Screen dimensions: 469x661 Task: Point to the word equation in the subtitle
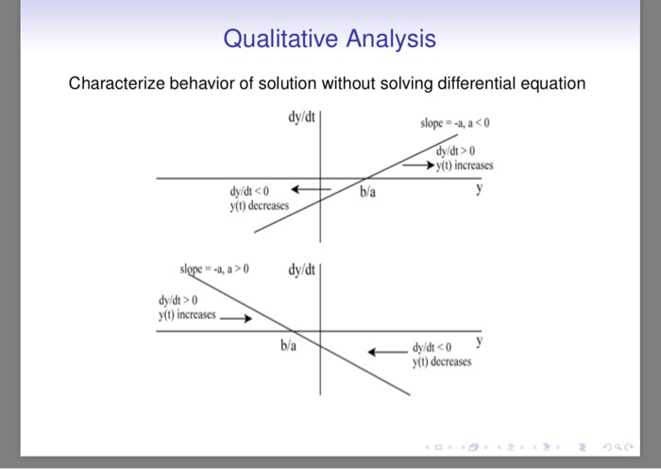(x=549, y=84)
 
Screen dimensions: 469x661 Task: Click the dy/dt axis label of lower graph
(x=303, y=270)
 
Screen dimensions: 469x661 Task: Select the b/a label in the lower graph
(x=288, y=346)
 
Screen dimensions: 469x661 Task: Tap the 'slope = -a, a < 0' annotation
(x=455, y=125)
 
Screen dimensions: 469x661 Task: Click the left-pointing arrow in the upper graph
(x=310, y=188)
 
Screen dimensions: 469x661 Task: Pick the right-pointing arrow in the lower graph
(x=236, y=318)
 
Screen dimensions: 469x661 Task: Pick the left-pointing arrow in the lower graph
(x=387, y=351)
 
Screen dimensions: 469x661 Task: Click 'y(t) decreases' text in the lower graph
(x=442, y=361)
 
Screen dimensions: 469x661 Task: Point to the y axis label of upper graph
(x=480, y=189)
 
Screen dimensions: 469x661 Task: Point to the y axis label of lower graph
(x=480, y=340)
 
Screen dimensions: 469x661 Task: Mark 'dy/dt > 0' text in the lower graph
(x=178, y=301)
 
